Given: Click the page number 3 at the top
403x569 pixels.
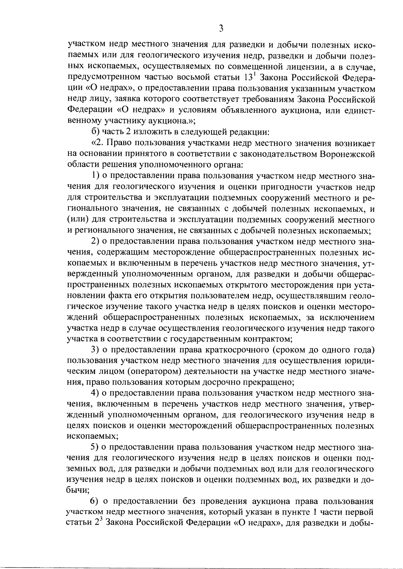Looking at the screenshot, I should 221,29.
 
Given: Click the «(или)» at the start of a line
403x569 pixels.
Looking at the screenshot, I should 78,220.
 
